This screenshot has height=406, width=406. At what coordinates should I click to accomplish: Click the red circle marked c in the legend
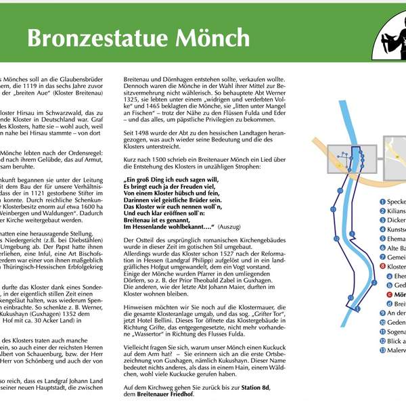click(389, 294)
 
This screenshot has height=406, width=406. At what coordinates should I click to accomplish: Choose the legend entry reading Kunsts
click(397, 229)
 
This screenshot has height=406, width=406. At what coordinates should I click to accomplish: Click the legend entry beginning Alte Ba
click(397, 248)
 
